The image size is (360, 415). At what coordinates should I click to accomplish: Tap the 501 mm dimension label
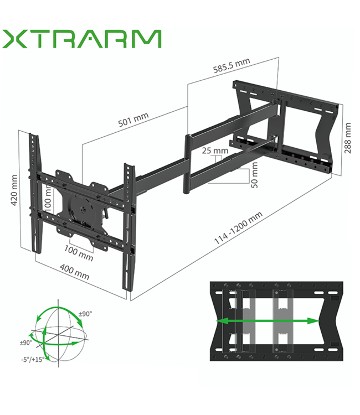(x=133, y=120)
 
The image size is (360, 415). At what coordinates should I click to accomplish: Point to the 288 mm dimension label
(x=347, y=138)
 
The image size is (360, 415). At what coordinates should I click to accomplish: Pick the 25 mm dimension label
(x=214, y=151)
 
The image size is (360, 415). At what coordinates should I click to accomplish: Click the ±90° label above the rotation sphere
(x=85, y=314)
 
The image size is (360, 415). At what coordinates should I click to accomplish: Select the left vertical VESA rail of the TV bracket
(x=35, y=194)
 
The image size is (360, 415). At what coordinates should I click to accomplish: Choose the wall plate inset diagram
(x=277, y=321)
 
